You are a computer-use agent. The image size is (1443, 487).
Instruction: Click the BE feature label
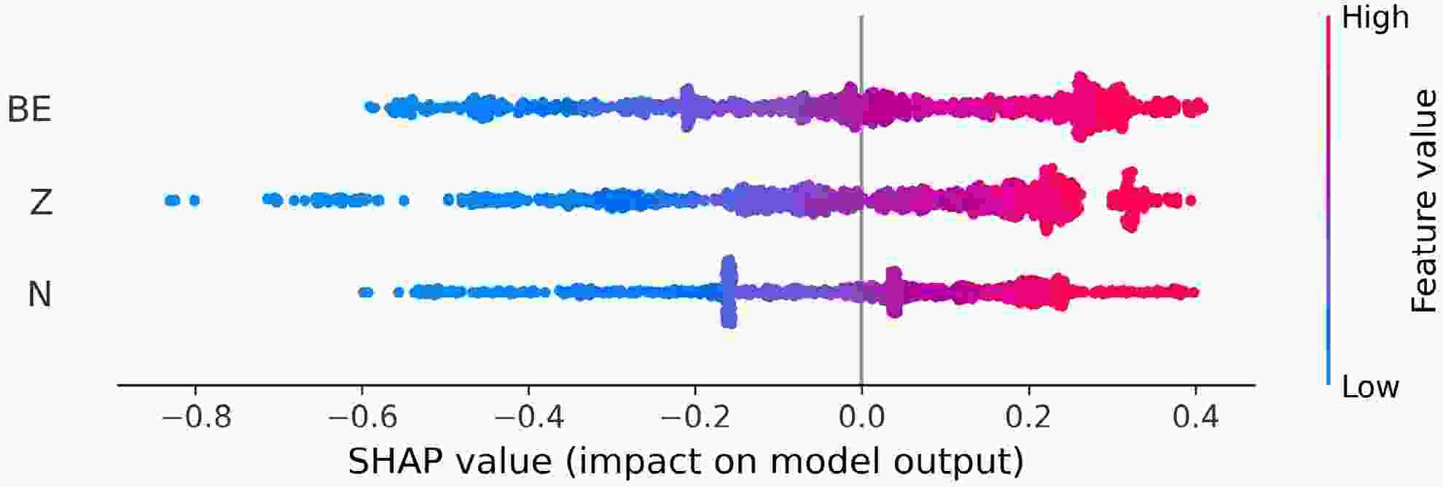pos(29,109)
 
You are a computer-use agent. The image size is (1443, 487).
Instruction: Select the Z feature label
pos(41,202)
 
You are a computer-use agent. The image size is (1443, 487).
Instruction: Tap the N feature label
pos(39,295)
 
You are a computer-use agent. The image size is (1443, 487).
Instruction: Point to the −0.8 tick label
pos(195,418)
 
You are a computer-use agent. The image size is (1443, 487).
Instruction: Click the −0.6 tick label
pos(362,418)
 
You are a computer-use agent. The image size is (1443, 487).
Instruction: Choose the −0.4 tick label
pos(528,418)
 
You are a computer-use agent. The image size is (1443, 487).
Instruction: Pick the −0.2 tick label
pos(695,418)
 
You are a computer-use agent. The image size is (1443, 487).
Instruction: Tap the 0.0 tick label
pos(862,418)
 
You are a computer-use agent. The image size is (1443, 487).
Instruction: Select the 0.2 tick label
pos(1028,418)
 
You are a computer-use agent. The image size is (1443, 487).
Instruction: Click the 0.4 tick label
pos(1195,418)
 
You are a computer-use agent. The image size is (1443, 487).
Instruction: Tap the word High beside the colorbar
pos(1374,17)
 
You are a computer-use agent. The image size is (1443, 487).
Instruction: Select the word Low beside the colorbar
pos(1370,387)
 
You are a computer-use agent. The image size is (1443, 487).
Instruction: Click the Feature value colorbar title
pos(1423,202)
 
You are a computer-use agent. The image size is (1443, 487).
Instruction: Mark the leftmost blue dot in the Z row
pos(169,200)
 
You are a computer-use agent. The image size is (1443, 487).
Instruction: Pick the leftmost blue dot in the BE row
pos(369,107)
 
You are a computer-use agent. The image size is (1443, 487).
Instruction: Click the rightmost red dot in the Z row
pos(1190,200)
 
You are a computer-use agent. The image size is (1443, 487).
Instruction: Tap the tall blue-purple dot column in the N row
pos(729,292)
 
